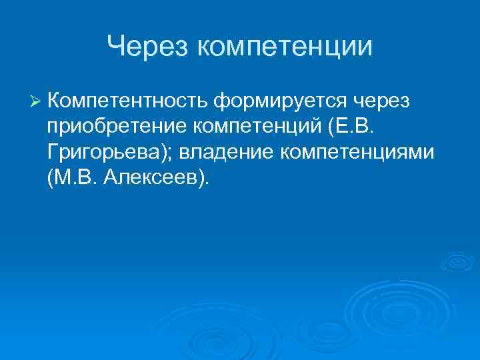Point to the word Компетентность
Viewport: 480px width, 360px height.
pyautogui.click(x=127, y=100)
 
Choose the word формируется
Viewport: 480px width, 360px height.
pyautogui.click(x=279, y=100)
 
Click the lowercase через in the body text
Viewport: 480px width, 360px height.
pyautogui.click(x=385, y=100)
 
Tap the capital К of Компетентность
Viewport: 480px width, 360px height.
pyautogui.click(x=54, y=100)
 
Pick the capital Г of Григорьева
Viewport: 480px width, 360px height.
pyautogui.click(x=53, y=152)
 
